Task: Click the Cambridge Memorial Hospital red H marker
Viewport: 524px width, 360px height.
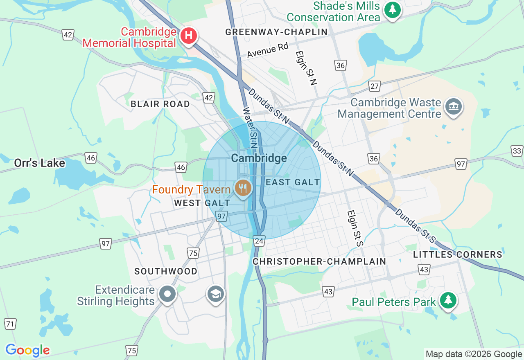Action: pos(188,36)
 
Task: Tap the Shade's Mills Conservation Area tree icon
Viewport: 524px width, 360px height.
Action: pos(393,9)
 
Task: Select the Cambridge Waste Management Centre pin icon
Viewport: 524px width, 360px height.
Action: pos(453,106)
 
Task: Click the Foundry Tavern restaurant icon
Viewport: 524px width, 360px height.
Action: pos(244,188)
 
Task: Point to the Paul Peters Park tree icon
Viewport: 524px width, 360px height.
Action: pos(448,300)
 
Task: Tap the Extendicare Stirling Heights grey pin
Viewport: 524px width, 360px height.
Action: pos(167,294)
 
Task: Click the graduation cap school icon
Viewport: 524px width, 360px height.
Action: pos(216,294)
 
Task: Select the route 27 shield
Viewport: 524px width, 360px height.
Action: pos(375,86)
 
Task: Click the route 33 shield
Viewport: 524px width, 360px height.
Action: pos(517,151)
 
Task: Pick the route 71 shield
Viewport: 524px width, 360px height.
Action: pos(10,324)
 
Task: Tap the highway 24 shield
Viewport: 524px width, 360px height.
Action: pos(259,241)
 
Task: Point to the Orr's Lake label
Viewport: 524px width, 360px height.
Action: pos(39,163)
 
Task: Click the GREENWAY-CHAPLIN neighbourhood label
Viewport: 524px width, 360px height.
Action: pos(277,32)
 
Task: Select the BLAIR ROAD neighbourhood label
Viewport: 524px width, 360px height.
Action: pos(160,104)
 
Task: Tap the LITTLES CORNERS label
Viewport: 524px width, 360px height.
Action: pos(457,254)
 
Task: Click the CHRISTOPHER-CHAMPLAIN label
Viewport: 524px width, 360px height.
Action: pos(319,261)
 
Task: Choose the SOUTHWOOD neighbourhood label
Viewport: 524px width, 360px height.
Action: pos(166,271)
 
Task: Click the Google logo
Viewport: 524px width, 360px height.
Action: pos(27,350)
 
